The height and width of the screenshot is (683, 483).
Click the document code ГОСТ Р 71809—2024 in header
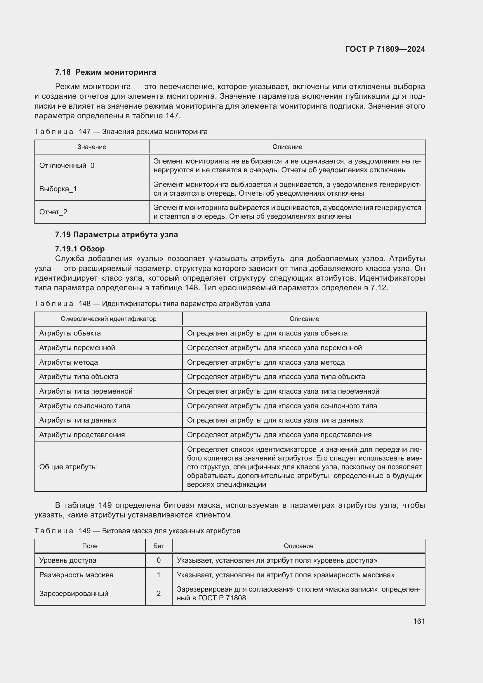click(x=385, y=49)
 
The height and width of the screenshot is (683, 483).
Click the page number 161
click(x=419, y=621)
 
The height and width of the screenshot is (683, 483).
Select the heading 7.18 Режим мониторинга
click(x=105, y=72)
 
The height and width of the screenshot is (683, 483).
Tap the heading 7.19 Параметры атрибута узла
click(x=116, y=234)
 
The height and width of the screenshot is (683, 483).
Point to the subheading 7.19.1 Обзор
click(x=80, y=249)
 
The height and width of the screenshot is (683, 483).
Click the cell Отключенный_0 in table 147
click(x=67, y=166)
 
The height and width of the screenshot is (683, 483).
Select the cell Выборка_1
click(x=58, y=189)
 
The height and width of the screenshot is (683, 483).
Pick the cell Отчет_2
click(x=53, y=212)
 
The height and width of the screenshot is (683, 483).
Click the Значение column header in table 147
click(x=92, y=147)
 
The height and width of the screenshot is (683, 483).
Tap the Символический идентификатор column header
click(x=108, y=319)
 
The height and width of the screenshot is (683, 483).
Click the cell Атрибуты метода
click(x=69, y=362)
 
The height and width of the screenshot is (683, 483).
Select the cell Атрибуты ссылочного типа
click(x=85, y=406)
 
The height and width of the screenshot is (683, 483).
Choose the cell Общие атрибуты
click(x=68, y=467)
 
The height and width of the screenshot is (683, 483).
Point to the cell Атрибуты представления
click(x=82, y=435)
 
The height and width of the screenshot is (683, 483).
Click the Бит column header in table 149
click(x=159, y=546)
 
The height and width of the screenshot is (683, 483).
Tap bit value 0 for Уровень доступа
click(x=159, y=560)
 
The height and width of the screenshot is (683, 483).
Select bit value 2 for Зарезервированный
click(x=159, y=593)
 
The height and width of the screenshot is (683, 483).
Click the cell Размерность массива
click(x=77, y=575)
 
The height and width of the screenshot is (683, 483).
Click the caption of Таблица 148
click(x=152, y=304)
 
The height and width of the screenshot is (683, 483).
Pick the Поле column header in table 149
click(x=90, y=546)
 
